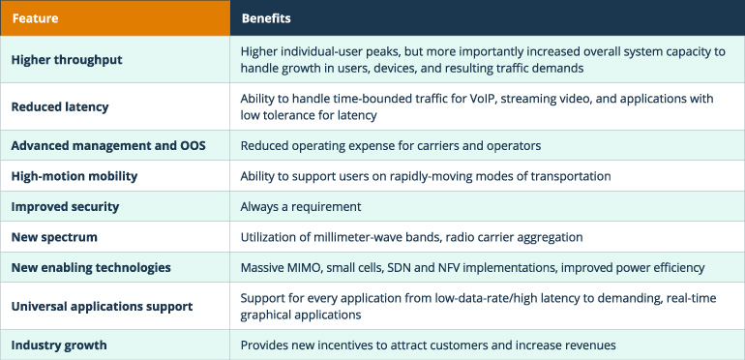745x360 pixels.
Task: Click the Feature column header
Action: (36, 18)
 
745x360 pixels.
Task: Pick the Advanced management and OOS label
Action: (108, 145)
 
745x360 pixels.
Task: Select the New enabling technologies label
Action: (91, 267)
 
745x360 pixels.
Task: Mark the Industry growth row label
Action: (59, 345)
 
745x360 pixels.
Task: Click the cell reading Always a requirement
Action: (300, 207)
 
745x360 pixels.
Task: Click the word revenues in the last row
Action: (588, 345)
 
